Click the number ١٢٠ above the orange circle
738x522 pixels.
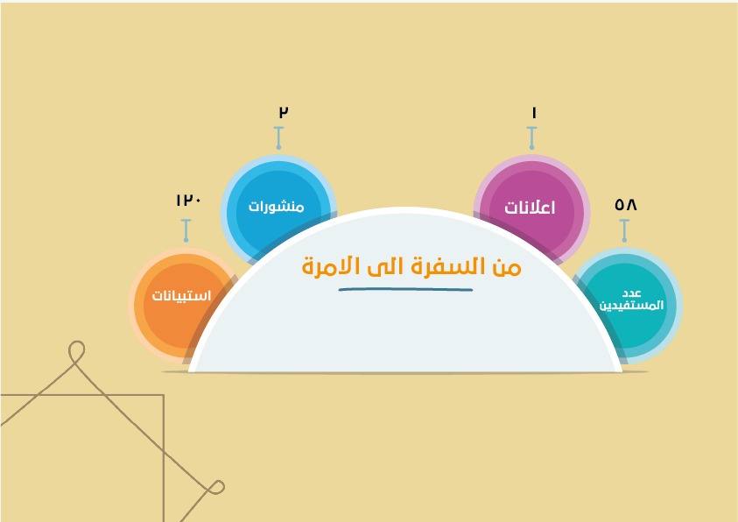point(189,200)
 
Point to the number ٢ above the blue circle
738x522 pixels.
point(284,112)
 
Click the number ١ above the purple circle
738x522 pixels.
point(534,113)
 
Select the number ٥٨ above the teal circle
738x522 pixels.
point(626,205)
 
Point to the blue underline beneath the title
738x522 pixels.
point(405,290)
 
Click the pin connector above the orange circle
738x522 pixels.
point(186,230)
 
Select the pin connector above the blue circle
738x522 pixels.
point(278,138)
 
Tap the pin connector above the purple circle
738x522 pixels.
point(532,138)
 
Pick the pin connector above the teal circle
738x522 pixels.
point(624,230)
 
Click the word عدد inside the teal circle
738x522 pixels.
point(632,293)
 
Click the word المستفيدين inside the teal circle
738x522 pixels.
point(631,306)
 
